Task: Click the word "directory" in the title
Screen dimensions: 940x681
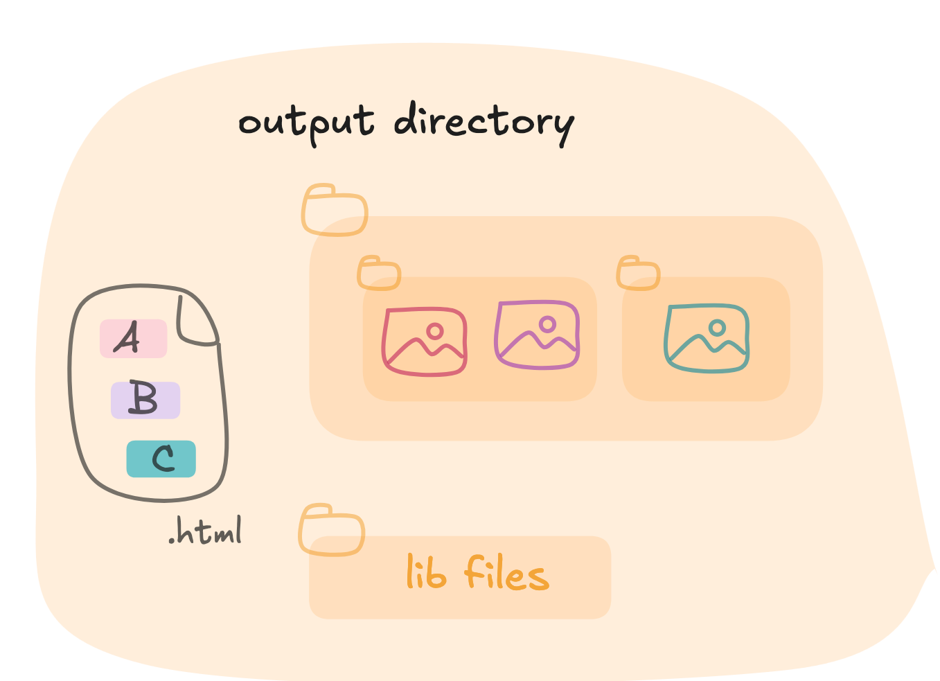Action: [484, 124]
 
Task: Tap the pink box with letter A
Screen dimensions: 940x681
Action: [134, 339]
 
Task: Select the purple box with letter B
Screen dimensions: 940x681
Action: [145, 400]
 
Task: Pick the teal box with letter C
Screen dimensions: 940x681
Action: [161, 459]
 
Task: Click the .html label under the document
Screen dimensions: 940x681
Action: [205, 531]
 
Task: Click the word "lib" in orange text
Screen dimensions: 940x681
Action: [426, 572]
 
